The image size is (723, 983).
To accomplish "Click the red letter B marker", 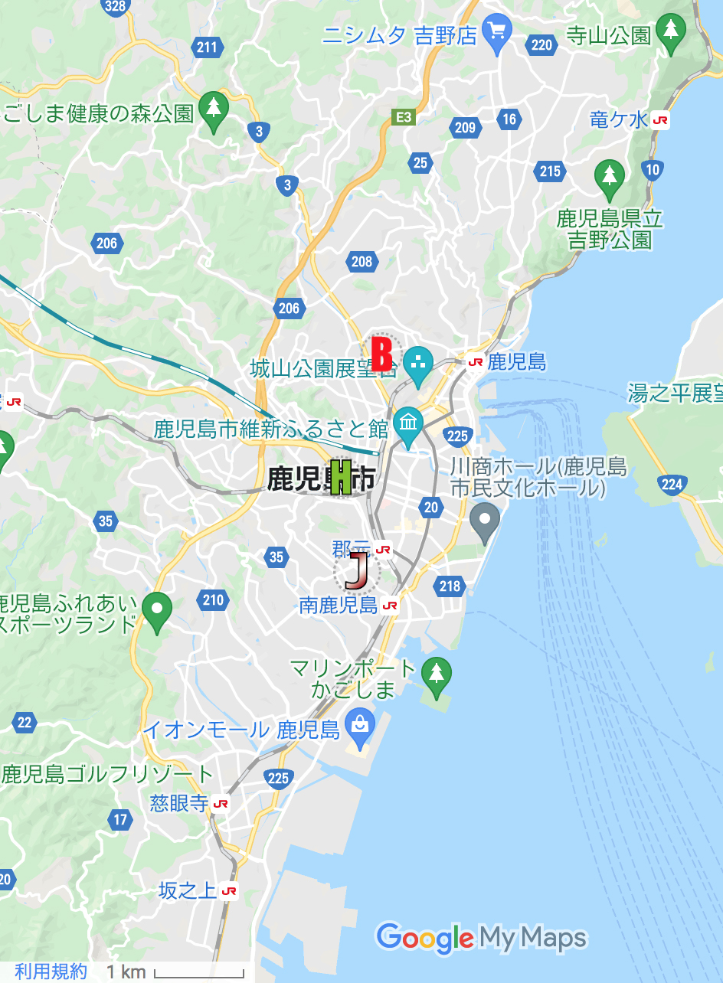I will pyautogui.click(x=381, y=354).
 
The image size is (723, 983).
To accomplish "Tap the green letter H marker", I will pyautogui.click(x=341, y=477).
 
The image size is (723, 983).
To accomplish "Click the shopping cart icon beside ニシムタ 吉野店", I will pyautogui.click(x=498, y=33).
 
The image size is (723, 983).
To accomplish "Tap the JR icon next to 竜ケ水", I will pyautogui.click(x=660, y=120).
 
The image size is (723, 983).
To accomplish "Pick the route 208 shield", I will pyautogui.click(x=361, y=262).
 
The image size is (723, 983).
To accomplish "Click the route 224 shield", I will pyautogui.click(x=671, y=483).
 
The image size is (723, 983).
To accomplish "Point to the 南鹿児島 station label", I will pyautogui.click(x=339, y=606).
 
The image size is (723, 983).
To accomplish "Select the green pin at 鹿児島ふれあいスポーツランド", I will pyautogui.click(x=157, y=610).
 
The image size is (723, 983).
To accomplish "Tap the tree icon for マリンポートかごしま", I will pyautogui.click(x=437, y=674).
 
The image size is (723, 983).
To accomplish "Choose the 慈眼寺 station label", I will pyautogui.click(x=179, y=803).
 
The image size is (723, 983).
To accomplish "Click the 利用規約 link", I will pyautogui.click(x=51, y=972).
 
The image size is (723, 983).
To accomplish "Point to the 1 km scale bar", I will pyautogui.click(x=198, y=974).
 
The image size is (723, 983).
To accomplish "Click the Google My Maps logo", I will pyautogui.click(x=481, y=938).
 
